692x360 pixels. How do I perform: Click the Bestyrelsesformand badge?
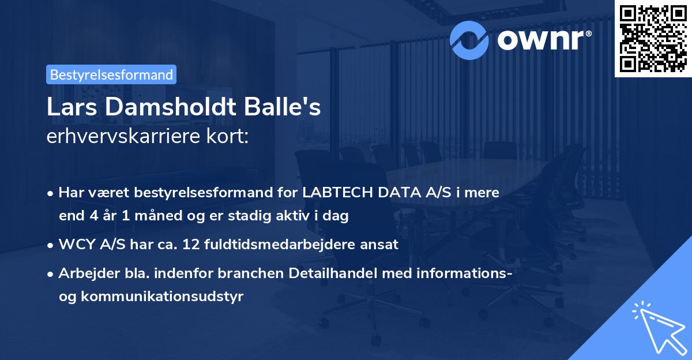pos(111,74)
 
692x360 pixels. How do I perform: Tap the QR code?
pos(653,38)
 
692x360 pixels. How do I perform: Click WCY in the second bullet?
pos(74,244)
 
